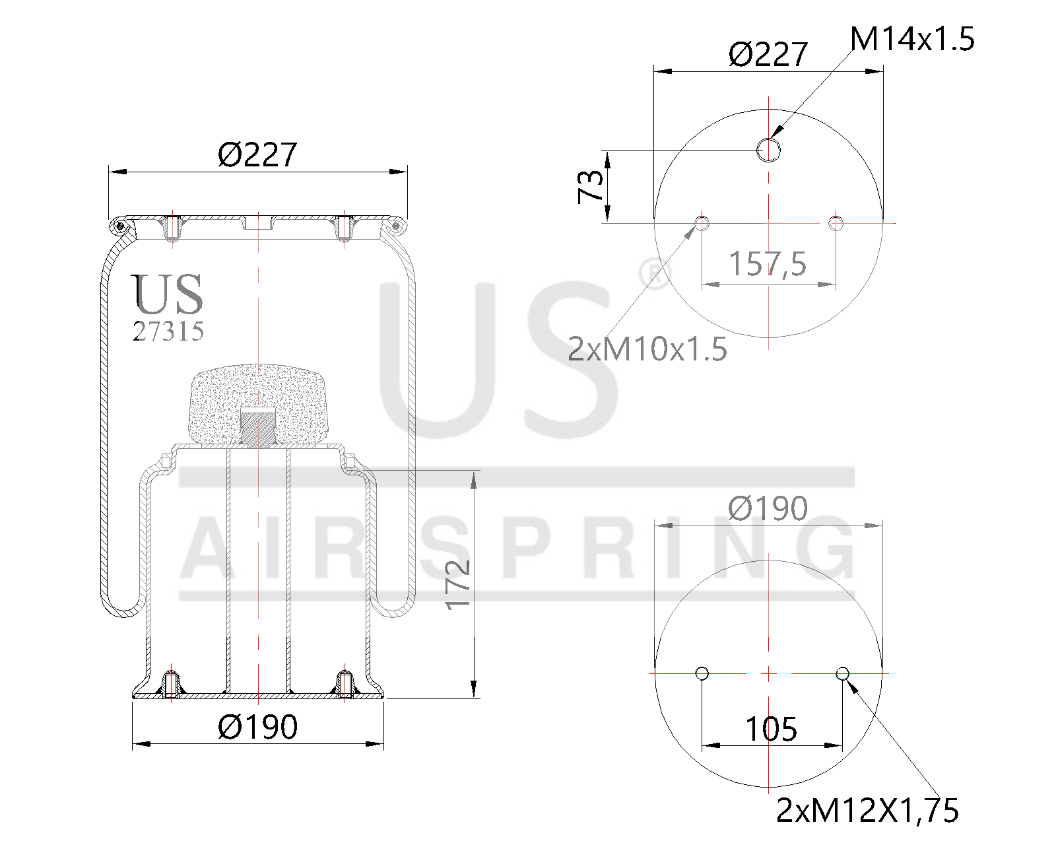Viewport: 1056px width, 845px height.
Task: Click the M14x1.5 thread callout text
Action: coord(911,40)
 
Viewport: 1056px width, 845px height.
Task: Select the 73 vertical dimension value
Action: coord(591,186)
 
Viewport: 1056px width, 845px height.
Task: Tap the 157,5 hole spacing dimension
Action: coord(768,264)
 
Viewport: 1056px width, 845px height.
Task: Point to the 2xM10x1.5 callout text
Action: coord(647,349)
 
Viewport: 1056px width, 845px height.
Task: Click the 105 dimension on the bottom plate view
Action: coord(771,729)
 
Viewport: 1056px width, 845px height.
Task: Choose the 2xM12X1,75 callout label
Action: coord(867,811)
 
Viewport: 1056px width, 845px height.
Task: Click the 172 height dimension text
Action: coord(457,584)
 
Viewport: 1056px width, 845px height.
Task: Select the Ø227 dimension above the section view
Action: coord(257,155)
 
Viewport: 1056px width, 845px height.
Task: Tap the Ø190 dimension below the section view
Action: coord(257,727)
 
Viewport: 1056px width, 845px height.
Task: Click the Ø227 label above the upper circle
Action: coord(768,54)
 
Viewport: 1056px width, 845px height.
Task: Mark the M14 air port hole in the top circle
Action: coord(768,150)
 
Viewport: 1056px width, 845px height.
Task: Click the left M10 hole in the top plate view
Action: coord(702,222)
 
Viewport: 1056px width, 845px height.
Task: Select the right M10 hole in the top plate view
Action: coord(836,222)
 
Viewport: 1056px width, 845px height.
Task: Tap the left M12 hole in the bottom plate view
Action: coord(702,673)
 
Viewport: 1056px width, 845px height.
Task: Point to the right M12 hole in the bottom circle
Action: coord(842,673)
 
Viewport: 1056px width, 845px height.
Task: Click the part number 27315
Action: coord(168,331)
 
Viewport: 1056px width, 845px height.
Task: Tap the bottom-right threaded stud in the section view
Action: coord(345,684)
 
